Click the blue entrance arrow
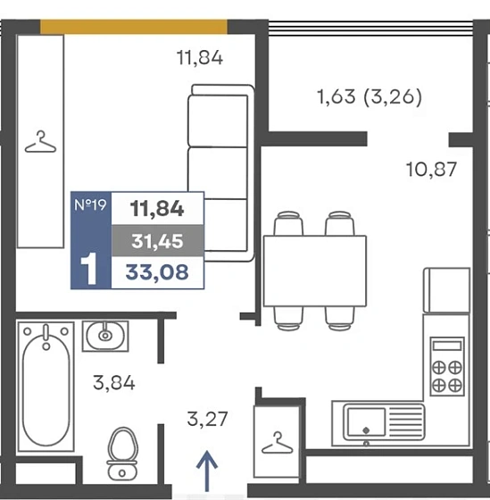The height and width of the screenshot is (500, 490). [207, 471]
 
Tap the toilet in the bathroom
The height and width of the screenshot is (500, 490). [122, 454]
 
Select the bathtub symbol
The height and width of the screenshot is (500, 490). [46, 387]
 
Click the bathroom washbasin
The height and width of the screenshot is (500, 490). [105, 336]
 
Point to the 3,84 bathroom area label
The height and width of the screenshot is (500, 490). [114, 383]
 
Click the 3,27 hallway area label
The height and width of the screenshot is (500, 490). [207, 419]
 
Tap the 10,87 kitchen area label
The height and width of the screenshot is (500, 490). [431, 170]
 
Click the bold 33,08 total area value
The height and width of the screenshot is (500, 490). [157, 272]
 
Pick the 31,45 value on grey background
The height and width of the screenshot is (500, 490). [157, 241]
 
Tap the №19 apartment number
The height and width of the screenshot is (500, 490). [90, 204]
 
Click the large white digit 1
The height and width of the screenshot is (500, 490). [89, 269]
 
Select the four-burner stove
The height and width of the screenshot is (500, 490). [447, 367]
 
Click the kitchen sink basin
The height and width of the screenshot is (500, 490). [366, 421]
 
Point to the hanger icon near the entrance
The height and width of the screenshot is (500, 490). [277, 443]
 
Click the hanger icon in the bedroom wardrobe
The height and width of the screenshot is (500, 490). [40, 141]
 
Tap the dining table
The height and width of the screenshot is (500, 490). [315, 271]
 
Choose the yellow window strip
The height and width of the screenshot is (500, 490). [134, 27]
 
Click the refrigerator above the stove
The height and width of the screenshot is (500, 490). [446, 290]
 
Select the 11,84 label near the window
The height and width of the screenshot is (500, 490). [200, 58]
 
